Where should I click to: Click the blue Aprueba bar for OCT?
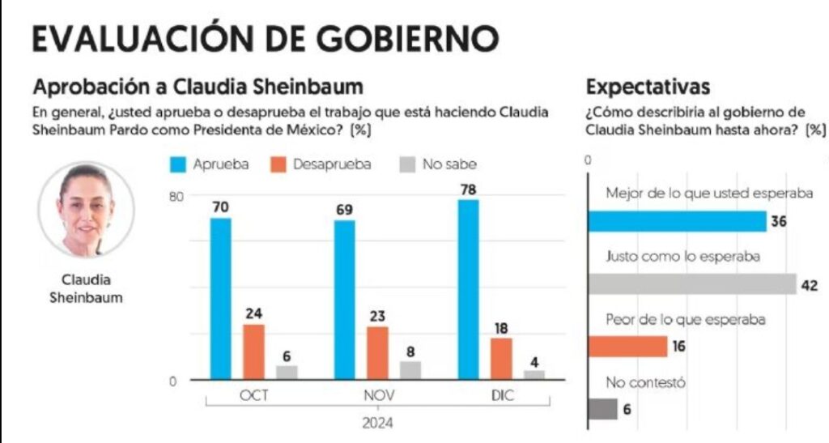220,298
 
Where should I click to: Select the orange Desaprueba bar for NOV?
377,352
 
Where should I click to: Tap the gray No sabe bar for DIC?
534,374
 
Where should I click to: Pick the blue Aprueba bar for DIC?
469,289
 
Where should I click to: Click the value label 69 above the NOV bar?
344,210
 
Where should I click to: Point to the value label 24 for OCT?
253,313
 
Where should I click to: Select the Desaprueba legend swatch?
278,164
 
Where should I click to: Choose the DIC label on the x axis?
501,396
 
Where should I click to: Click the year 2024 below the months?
377,421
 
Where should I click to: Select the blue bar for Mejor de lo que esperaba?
677,221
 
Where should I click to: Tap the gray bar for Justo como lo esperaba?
692,283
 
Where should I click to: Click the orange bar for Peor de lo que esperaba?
627,346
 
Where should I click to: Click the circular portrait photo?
86,210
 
